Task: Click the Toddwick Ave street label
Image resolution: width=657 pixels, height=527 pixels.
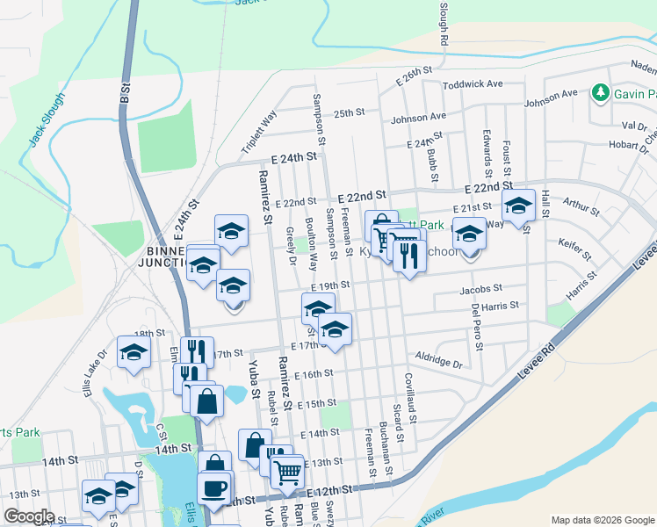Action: click(472, 84)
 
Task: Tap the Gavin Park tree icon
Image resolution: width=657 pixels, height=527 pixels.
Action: click(601, 92)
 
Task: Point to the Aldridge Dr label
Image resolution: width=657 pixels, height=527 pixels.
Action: click(439, 362)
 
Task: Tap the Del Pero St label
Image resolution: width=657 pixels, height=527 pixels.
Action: click(477, 325)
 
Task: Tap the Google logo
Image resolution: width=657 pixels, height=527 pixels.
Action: click(30, 516)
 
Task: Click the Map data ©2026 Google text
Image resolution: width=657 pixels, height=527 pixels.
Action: click(602, 520)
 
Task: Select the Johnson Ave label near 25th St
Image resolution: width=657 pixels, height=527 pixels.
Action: click(418, 117)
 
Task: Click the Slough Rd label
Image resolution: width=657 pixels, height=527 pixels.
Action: click(444, 23)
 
